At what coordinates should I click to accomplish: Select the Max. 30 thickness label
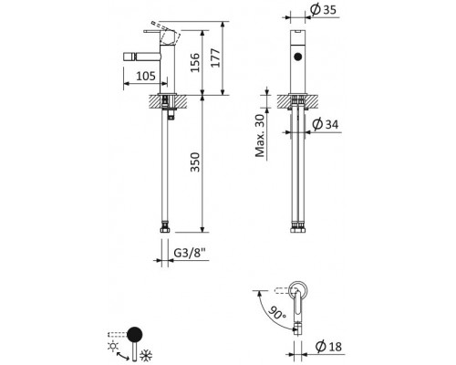(x=261, y=138)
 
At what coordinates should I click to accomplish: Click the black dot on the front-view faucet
(x=297, y=57)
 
